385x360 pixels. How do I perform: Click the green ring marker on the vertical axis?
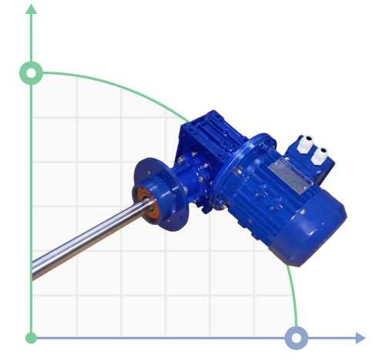click(31, 73)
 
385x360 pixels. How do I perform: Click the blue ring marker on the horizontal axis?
click(296, 338)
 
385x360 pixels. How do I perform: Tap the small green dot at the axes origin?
click(31, 338)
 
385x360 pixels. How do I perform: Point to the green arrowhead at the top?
click(31, 9)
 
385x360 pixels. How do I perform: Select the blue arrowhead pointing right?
click(360, 338)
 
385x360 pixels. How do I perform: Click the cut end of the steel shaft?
click(35, 271)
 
